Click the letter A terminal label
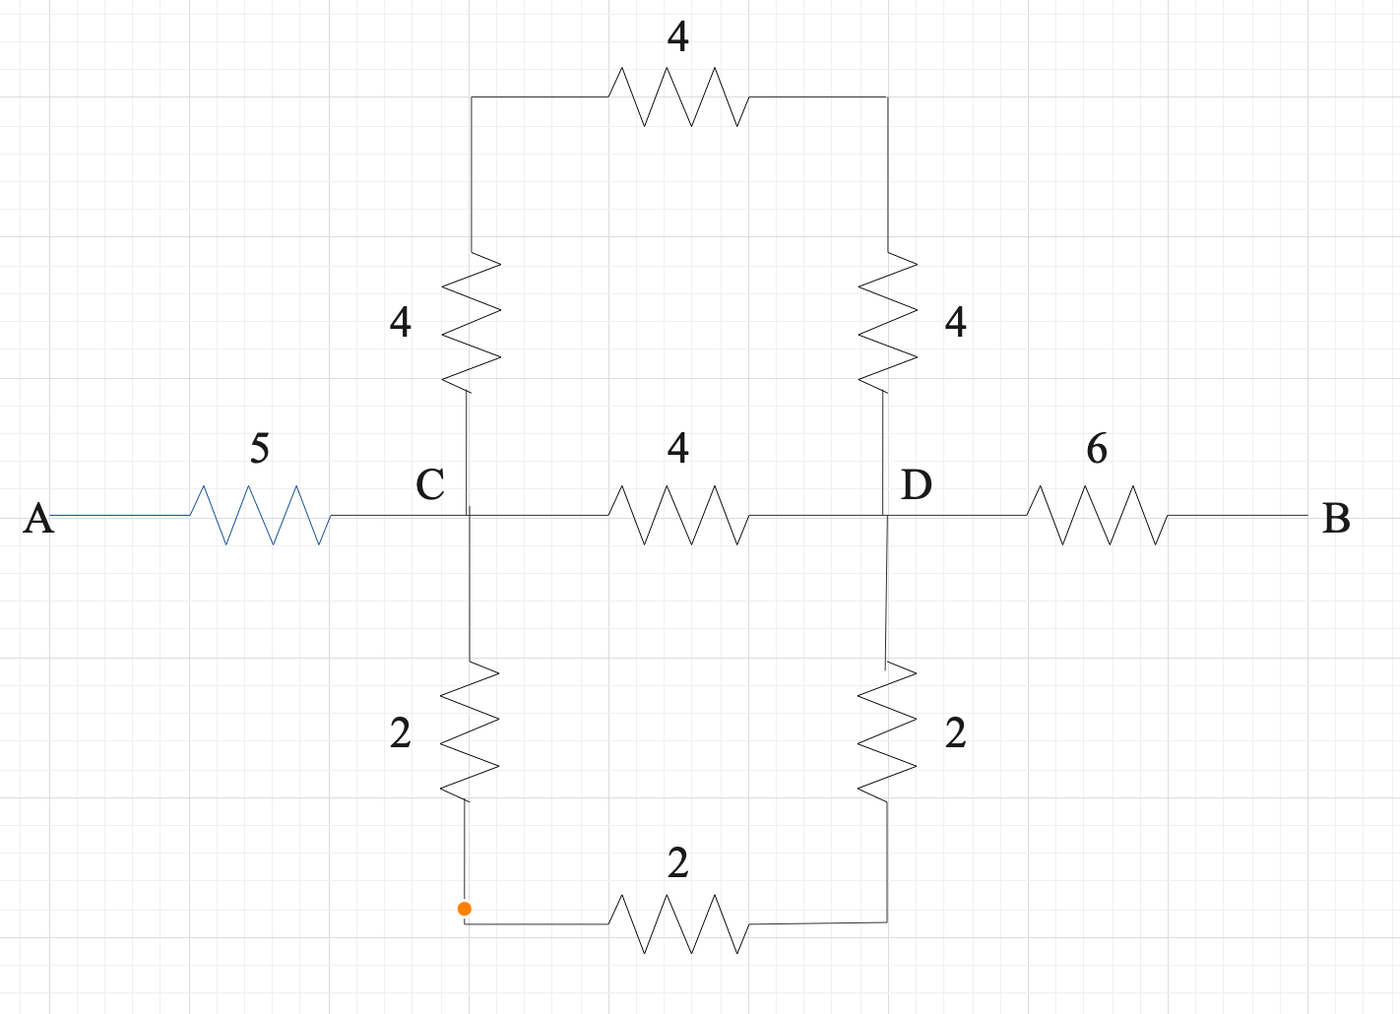coord(38,518)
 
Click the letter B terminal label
coord(1336,518)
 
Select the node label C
coord(430,484)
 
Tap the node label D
coord(917,484)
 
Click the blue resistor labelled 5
coord(260,515)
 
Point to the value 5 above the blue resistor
coord(259,449)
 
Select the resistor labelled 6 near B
coord(1097,515)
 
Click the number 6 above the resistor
coord(1097,449)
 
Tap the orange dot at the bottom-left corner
coord(465,909)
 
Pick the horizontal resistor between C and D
coord(678,515)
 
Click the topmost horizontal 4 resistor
coord(678,96)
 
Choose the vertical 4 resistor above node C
coord(472,321)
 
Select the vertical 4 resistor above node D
coord(887,321)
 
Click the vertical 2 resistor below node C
coord(470,730)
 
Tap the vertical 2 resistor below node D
coord(887,730)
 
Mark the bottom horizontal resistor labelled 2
coord(678,923)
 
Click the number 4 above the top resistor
coord(677,37)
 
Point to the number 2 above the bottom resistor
coord(677,863)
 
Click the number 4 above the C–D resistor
coord(677,449)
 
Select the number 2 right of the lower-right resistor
coord(955,733)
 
